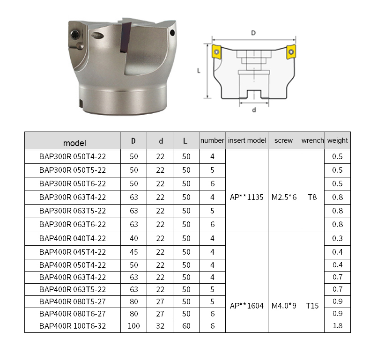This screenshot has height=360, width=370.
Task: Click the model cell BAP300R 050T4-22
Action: point(73,157)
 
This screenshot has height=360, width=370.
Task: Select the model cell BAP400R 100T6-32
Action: point(73,326)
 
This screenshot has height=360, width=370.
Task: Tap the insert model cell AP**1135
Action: point(247,197)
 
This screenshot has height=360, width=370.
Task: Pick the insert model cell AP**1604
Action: point(247,306)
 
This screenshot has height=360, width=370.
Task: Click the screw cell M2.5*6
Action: point(284,197)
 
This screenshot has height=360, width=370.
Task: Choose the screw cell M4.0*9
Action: point(284,306)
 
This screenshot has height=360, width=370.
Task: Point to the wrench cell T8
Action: point(312,197)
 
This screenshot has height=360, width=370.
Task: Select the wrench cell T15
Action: point(312,306)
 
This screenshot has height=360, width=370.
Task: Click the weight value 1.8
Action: point(337,326)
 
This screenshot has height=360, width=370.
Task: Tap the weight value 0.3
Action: point(337,238)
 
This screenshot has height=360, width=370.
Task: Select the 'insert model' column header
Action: point(247,140)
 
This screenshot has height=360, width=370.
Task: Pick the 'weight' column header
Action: point(337,140)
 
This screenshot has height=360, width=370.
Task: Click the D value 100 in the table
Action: point(133,326)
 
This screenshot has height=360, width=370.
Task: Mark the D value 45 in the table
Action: point(133,252)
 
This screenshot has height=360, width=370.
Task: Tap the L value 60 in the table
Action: point(186,326)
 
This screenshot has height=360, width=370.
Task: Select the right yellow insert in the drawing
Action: point(291,51)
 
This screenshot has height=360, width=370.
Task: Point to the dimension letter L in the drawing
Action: point(199,71)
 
